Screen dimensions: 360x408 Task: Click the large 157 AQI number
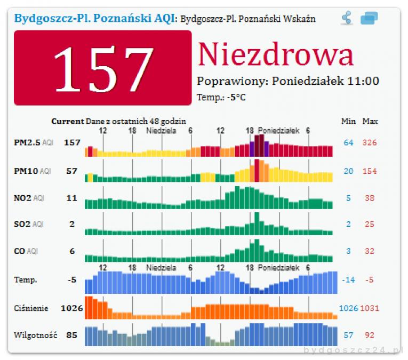[x=102, y=68]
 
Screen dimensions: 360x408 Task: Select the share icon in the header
[x=347, y=19]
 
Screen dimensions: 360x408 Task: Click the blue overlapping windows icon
[x=369, y=19]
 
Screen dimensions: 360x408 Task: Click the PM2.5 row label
[x=27, y=142]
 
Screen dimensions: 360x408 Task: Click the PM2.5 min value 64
[x=348, y=142]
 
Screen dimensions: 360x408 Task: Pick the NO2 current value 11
[x=72, y=198]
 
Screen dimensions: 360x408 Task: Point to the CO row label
[x=19, y=251]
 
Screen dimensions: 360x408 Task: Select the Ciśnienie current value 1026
[x=71, y=308]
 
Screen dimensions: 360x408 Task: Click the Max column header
[x=370, y=122]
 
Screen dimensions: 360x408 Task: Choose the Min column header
[x=348, y=122]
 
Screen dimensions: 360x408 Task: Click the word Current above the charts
[x=68, y=122]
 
